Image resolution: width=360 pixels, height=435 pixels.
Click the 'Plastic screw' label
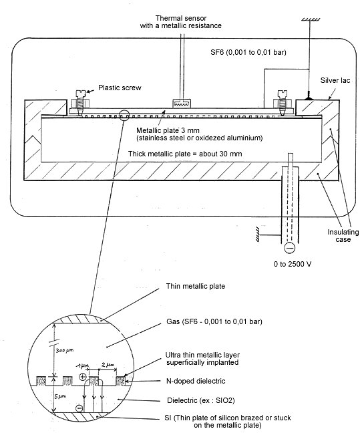coord(120,88)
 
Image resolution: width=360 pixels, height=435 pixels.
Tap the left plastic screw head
coord(80,93)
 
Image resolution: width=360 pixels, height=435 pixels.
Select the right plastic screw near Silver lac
coord(283,102)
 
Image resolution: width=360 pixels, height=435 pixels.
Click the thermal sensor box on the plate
coord(181,104)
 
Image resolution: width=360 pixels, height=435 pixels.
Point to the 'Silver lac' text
coord(335,80)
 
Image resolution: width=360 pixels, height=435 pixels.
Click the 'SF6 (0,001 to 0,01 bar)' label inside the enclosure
coord(248,52)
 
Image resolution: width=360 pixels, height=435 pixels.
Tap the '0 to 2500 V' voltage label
coord(293,264)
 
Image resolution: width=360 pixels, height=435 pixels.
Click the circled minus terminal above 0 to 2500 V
coord(290,247)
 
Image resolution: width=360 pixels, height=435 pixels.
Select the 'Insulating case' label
coord(343,235)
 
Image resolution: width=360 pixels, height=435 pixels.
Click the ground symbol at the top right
coord(311,19)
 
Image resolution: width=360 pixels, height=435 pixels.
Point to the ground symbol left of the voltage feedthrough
coord(258,235)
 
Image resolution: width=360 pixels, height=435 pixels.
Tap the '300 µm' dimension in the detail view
coord(65,350)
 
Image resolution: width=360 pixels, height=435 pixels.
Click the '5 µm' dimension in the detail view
coord(60,397)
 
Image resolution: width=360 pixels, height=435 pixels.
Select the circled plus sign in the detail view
coord(83,377)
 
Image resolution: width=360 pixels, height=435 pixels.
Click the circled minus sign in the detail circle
coord(79,408)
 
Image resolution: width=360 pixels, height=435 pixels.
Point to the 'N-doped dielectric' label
coord(196,381)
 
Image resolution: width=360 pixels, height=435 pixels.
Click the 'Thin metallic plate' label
coord(196,286)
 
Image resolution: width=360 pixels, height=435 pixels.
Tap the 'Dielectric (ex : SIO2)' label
coord(201,400)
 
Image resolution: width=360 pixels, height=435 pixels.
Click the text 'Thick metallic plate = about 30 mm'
coord(185,154)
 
